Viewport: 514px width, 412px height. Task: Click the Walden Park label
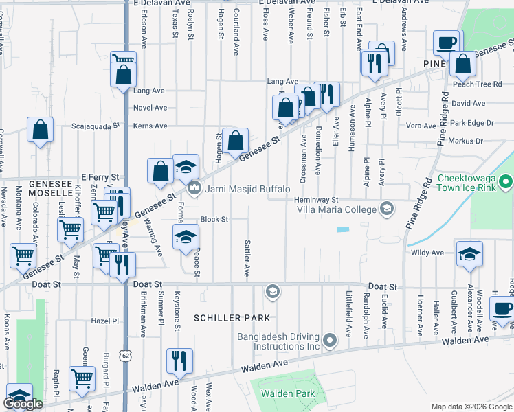click(x=287, y=393)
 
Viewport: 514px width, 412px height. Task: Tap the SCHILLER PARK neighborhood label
click(x=232, y=317)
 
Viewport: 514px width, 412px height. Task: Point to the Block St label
click(x=214, y=220)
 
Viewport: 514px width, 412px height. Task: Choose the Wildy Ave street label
click(x=427, y=253)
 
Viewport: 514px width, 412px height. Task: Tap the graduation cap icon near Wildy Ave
click(x=469, y=254)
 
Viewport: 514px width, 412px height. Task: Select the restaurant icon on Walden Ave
click(x=179, y=360)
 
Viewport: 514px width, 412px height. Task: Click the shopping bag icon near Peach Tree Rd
click(x=463, y=65)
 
